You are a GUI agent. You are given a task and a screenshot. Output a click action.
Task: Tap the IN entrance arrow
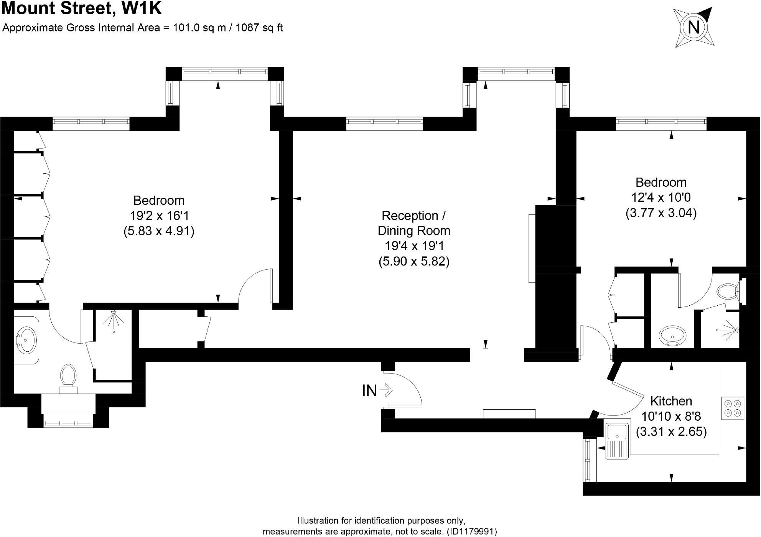(386, 391)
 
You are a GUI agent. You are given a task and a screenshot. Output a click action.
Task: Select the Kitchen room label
(671, 401)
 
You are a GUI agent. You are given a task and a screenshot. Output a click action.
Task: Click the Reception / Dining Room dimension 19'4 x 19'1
(413, 246)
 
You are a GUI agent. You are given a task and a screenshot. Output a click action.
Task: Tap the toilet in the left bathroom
(68, 376)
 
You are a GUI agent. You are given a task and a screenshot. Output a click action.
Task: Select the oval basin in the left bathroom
(26, 339)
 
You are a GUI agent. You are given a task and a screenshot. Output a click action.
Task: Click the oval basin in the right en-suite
(672, 336)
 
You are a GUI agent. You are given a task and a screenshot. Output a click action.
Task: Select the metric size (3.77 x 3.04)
(661, 212)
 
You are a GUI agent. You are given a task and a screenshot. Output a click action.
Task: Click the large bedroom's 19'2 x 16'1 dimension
(159, 216)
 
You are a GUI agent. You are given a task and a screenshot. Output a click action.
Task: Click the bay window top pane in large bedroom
(224, 72)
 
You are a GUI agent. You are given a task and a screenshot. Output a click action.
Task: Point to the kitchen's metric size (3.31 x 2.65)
(671, 432)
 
